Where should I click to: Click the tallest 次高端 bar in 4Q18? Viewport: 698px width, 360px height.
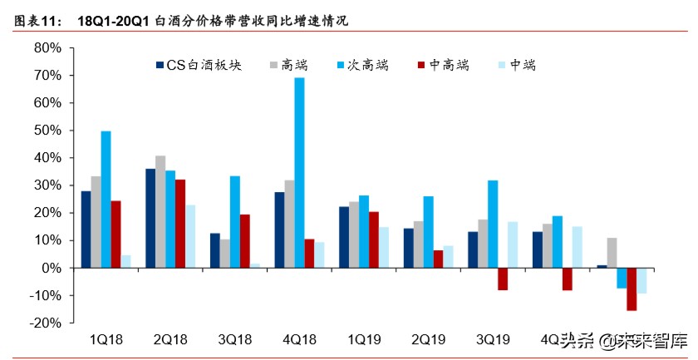tap(299, 172)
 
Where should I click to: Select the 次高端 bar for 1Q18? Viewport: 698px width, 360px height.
tap(106, 200)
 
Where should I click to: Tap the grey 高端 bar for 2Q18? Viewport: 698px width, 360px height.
tap(160, 211)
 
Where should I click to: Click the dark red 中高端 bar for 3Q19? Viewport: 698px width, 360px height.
tap(502, 279)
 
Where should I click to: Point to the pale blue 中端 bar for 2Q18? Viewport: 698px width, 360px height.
tap(190, 236)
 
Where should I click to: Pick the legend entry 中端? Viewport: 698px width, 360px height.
tap(520, 65)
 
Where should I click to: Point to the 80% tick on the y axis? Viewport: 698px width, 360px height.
tap(47, 48)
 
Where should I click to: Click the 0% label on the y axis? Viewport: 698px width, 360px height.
tap(51, 268)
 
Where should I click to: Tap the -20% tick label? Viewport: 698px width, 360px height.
tap(45, 323)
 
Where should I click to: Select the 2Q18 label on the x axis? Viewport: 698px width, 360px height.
tap(170, 338)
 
